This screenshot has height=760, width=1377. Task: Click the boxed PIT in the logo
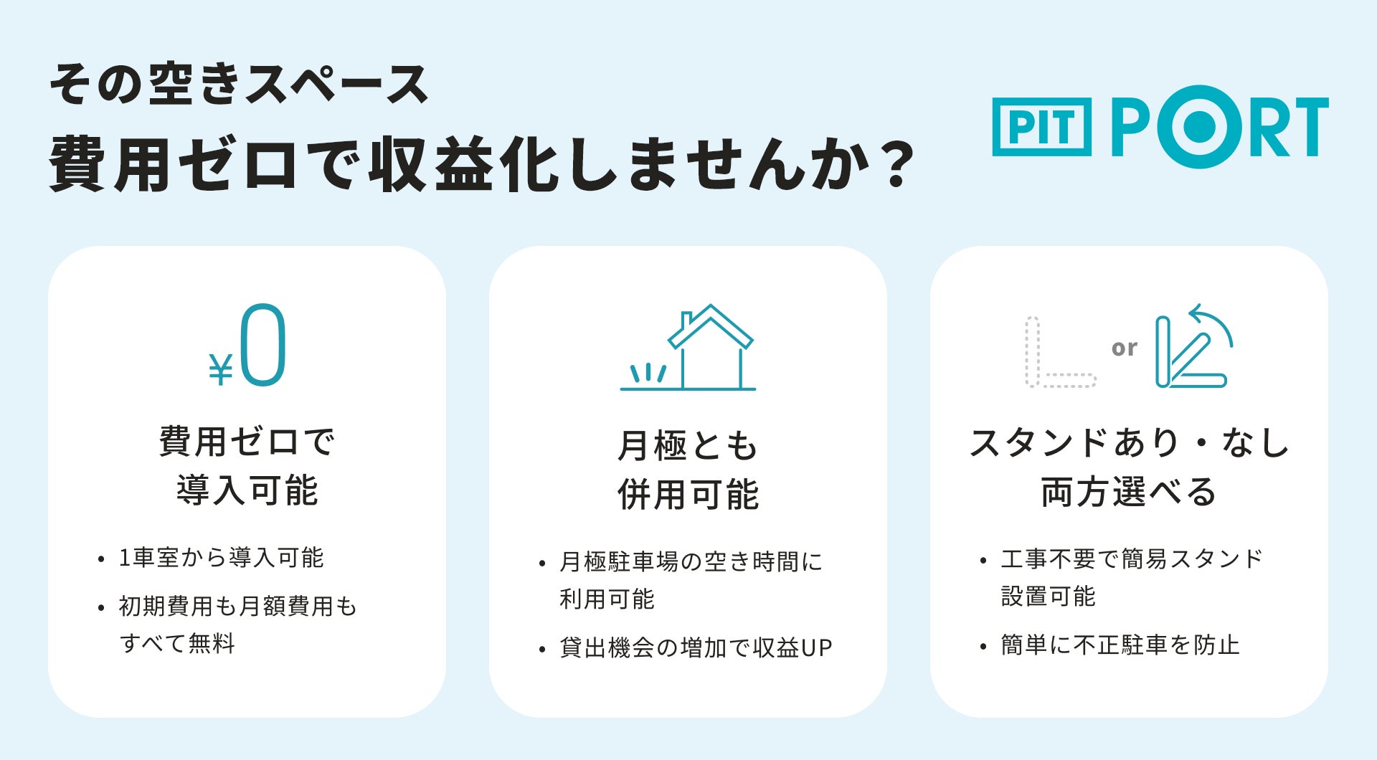(x=1041, y=127)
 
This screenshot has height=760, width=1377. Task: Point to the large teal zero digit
(x=263, y=345)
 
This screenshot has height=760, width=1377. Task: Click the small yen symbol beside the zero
(x=221, y=370)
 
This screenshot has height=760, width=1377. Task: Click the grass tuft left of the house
(x=648, y=373)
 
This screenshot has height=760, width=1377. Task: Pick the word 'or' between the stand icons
(x=1125, y=348)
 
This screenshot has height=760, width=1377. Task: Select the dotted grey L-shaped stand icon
(x=1033, y=351)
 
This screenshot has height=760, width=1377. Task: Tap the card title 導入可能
(x=247, y=490)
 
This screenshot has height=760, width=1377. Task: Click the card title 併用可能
(x=688, y=495)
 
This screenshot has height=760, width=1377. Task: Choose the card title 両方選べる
(x=1129, y=492)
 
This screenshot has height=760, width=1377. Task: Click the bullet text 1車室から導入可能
(x=222, y=558)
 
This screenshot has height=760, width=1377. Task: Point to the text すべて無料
(x=177, y=643)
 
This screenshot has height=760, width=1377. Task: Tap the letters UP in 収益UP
(x=817, y=648)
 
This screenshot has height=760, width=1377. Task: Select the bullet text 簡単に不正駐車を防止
(x=1120, y=645)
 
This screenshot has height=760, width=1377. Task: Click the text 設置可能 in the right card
(x=1049, y=596)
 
